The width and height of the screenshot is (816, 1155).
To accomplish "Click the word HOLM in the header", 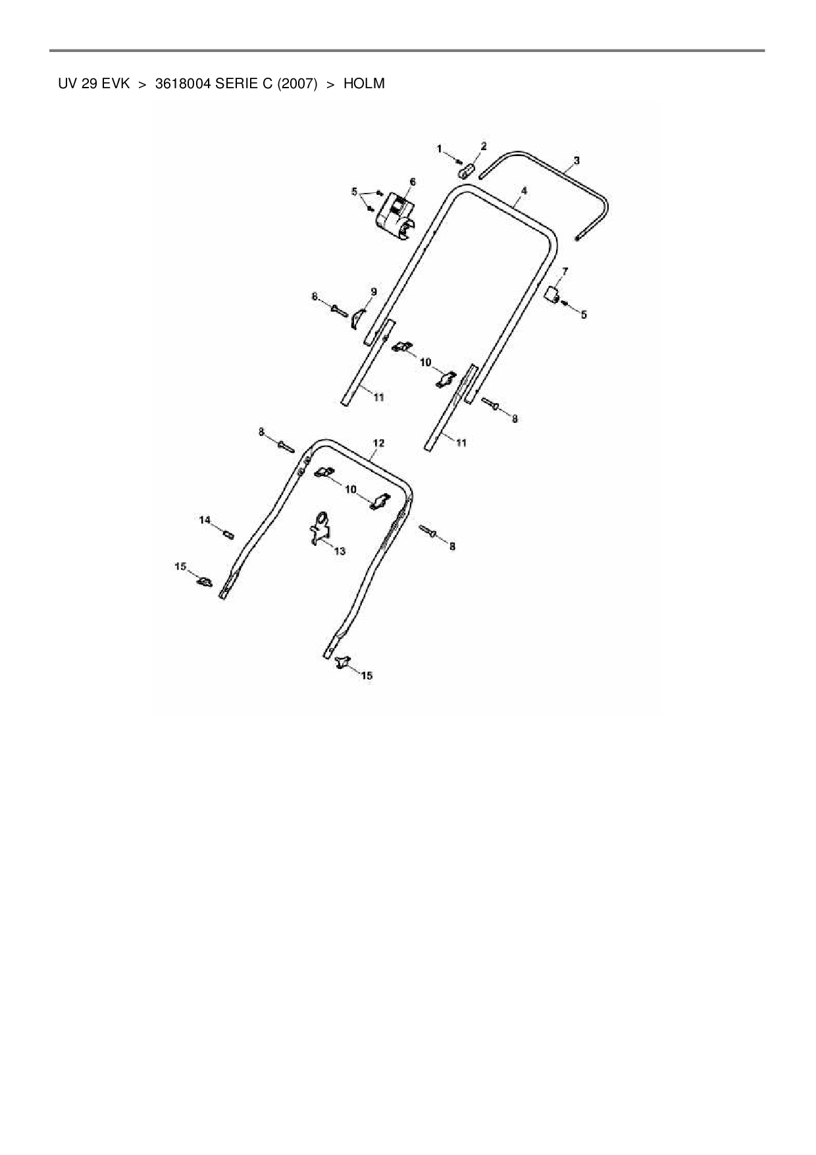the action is (x=364, y=84).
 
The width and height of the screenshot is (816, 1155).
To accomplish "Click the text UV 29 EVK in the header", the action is (x=93, y=84).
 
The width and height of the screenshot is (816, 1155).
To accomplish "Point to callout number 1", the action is (x=440, y=149).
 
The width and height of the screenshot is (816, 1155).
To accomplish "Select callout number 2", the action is (x=484, y=146).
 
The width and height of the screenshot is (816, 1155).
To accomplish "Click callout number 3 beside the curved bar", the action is (x=576, y=160).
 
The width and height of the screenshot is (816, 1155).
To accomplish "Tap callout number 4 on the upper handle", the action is (x=524, y=190).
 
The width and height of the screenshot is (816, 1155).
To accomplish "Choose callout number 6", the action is (x=413, y=181).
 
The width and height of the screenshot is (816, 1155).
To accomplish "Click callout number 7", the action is (x=565, y=271).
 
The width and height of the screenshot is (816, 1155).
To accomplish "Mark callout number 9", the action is (x=373, y=291).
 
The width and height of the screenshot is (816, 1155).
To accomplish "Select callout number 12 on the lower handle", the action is (x=378, y=443).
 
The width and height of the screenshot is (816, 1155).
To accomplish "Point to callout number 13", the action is (x=340, y=551).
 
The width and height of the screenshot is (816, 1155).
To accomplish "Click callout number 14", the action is (x=205, y=520).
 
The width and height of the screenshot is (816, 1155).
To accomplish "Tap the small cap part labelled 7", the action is (x=551, y=294).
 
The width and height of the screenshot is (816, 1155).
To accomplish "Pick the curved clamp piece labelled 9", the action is (x=357, y=317).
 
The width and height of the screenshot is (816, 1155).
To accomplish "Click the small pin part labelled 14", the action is (x=229, y=534).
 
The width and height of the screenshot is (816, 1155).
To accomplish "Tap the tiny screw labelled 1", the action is (x=460, y=162).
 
